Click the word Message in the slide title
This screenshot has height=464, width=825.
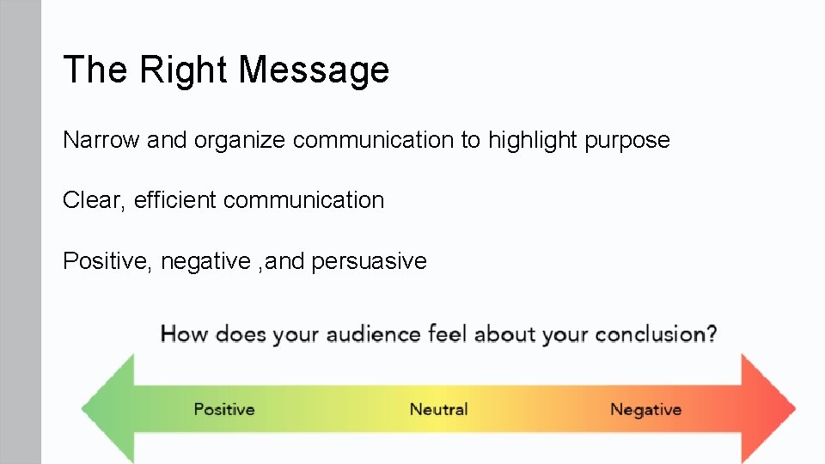[x=314, y=70]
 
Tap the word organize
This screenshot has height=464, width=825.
[x=240, y=140]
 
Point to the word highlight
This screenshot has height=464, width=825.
[x=533, y=140]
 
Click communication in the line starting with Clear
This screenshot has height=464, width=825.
[x=303, y=200]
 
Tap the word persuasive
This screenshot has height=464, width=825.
[x=370, y=261]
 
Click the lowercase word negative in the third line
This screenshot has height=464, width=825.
[x=206, y=261]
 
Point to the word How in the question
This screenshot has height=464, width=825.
[x=184, y=334]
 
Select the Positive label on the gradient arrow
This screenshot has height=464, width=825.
[x=223, y=410]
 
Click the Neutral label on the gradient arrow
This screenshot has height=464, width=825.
[x=438, y=410]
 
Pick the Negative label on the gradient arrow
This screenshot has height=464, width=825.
[x=645, y=410]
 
